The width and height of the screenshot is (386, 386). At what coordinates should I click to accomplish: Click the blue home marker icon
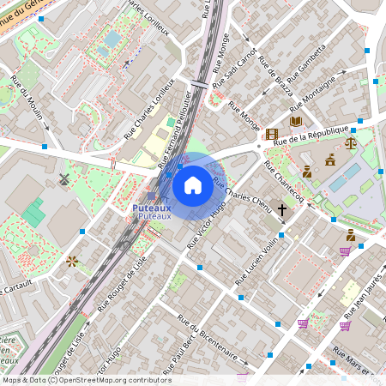pos(193,184)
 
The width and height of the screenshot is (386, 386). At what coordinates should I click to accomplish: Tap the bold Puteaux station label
pos(152,208)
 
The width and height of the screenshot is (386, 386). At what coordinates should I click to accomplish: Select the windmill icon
pos(63,179)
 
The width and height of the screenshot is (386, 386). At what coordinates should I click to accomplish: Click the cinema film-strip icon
pos(272,134)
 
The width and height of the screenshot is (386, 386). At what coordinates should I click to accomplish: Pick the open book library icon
pos(296,121)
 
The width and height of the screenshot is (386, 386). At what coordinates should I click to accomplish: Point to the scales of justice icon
pos(350,142)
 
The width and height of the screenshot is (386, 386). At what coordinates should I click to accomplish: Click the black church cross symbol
pos(281,208)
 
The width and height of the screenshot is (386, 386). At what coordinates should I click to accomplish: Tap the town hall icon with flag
pos(330,159)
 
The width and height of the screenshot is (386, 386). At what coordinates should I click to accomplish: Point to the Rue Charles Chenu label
pos(243,194)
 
